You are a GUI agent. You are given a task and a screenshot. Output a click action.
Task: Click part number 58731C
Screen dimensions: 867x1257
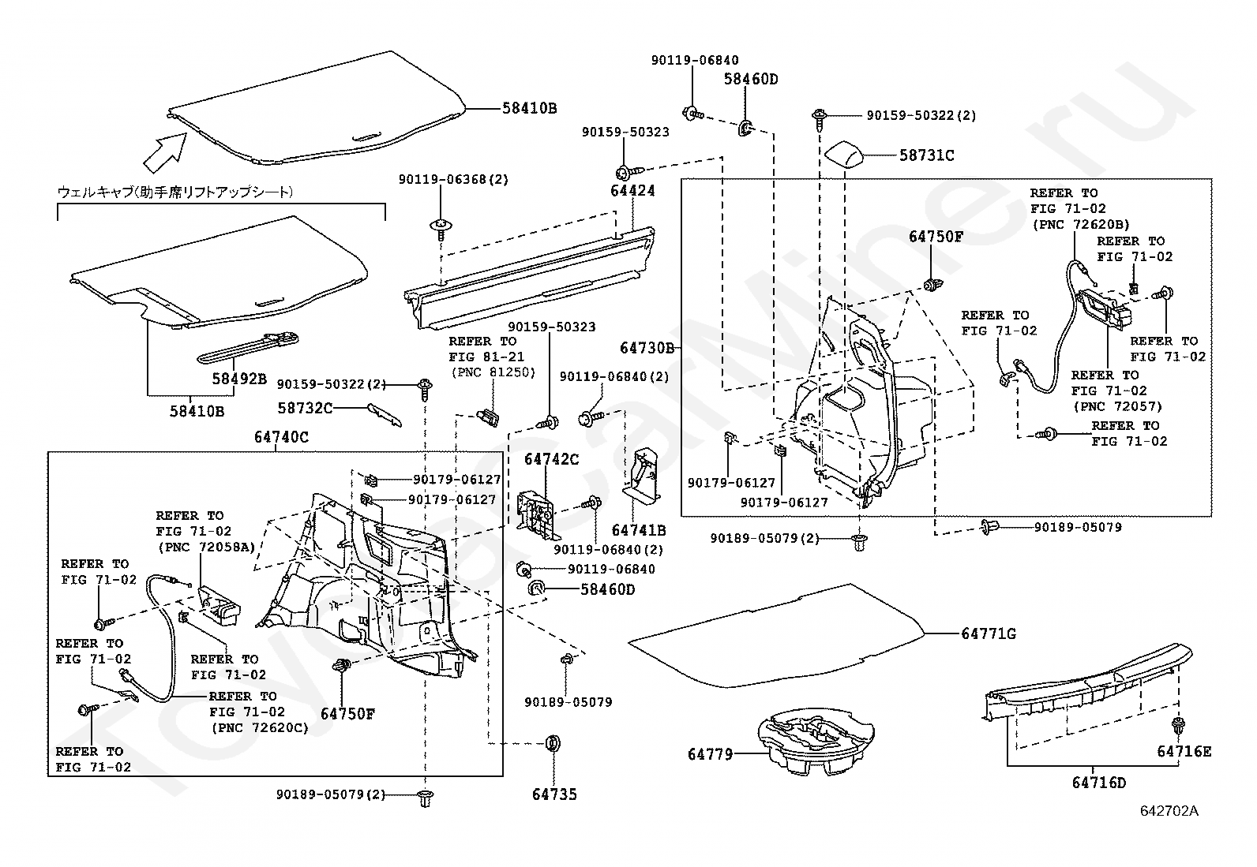click(x=926, y=155)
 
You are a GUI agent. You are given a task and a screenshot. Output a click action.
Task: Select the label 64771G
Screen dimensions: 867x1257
click(x=989, y=633)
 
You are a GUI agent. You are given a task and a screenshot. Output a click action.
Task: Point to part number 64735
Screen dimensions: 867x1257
click(x=554, y=794)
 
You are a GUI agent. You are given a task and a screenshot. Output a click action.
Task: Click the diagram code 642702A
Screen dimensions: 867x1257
click(x=1169, y=811)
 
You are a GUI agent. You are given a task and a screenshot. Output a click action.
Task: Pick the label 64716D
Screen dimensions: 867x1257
click(x=1098, y=783)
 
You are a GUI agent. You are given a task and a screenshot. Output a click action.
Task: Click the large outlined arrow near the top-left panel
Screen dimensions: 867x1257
click(x=164, y=150)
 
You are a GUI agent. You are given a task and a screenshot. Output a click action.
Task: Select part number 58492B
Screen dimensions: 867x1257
click(x=238, y=378)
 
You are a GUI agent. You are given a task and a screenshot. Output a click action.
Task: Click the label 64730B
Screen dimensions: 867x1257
click(x=647, y=348)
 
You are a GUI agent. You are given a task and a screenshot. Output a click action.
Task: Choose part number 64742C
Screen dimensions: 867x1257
click(x=551, y=460)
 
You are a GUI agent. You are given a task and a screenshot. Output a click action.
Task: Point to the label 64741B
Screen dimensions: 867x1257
click(x=639, y=530)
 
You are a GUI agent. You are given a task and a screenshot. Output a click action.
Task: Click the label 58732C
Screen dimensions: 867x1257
click(x=305, y=408)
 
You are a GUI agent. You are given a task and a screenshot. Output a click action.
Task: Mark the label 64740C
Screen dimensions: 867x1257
click(x=281, y=436)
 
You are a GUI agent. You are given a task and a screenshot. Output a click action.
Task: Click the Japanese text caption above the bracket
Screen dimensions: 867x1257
click(x=175, y=192)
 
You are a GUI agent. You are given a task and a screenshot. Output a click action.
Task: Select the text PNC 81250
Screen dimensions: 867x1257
click(x=493, y=372)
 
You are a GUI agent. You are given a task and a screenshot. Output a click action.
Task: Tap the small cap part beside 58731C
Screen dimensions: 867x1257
click(x=846, y=154)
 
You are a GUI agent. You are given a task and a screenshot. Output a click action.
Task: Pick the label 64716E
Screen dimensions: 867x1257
click(x=1184, y=751)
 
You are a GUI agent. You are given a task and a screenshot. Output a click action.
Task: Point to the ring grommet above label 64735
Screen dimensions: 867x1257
click(x=553, y=743)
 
